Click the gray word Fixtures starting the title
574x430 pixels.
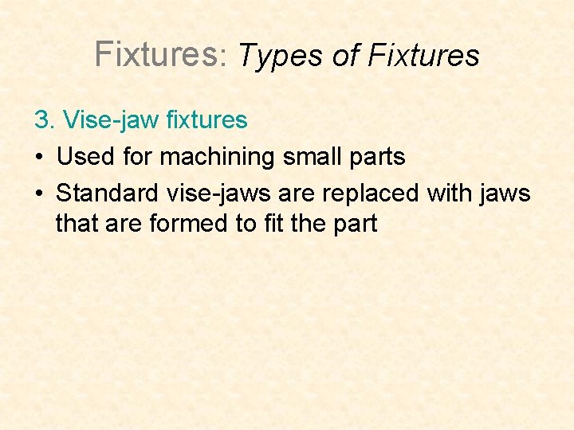[155, 53]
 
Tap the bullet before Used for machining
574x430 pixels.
[38, 157]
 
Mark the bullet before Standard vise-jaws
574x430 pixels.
[38, 193]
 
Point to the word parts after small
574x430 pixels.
[376, 158]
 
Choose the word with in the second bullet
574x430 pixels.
[451, 193]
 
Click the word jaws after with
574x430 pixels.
[505, 193]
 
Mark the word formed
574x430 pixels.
[186, 223]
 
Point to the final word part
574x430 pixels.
[352, 225]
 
